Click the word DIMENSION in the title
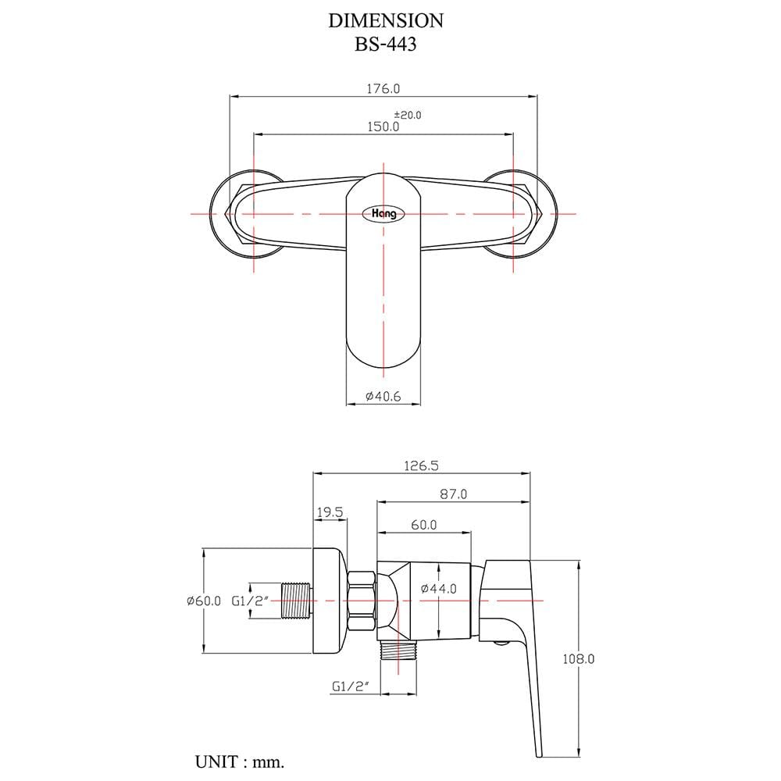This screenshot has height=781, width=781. point(386,20)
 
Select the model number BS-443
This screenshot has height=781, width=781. point(386,45)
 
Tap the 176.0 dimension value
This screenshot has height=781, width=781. point(383,89)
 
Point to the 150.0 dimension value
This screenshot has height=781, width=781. point(383,127)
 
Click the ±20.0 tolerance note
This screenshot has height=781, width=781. point(408,115)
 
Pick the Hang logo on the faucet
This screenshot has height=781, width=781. point(383,214)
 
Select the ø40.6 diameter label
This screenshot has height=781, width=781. point(383,397)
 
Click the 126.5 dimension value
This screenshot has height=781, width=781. point(421,465)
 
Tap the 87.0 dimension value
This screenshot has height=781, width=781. point(453,494)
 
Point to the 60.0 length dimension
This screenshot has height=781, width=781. point(424,525)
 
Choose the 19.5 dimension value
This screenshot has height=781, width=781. point(330,512)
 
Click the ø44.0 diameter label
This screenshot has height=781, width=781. point(439,589)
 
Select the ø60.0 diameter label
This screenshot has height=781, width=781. point(204,601)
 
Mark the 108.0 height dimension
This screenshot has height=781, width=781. point(578,659)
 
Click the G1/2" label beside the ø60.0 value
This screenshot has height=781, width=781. point(250,601)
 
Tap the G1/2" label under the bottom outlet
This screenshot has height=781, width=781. point(351,686)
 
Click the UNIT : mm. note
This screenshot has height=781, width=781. point(240,761)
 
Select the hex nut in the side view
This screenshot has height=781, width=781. point(362,601)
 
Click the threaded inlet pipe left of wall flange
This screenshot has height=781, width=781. point(298,601)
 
